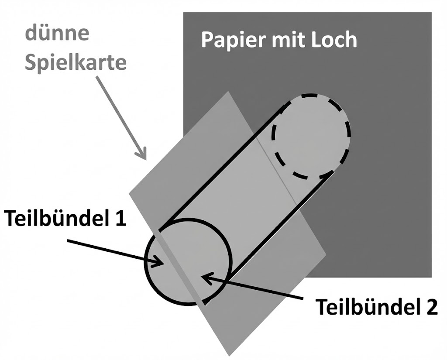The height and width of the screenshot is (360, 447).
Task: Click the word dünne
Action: point(57,34)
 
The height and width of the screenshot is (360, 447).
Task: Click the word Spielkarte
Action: point(75,62)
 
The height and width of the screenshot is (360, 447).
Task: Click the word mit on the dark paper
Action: point(284,40)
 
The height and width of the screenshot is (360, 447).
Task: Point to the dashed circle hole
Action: point(310,136)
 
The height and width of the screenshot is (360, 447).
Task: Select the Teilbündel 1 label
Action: point(65,218)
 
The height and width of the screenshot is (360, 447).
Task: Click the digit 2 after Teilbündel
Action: point(430,307)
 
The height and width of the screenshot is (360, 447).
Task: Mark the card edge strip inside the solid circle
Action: point(183,266)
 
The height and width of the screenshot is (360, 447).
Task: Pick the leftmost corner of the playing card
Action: point(129,193)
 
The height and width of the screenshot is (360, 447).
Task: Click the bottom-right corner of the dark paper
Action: point(431,277)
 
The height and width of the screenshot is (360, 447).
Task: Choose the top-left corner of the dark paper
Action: point(184,13)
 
